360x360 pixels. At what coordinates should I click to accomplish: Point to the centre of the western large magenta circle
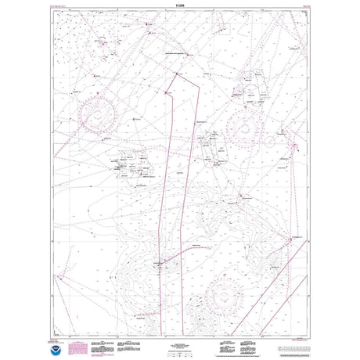pos(97,115)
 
